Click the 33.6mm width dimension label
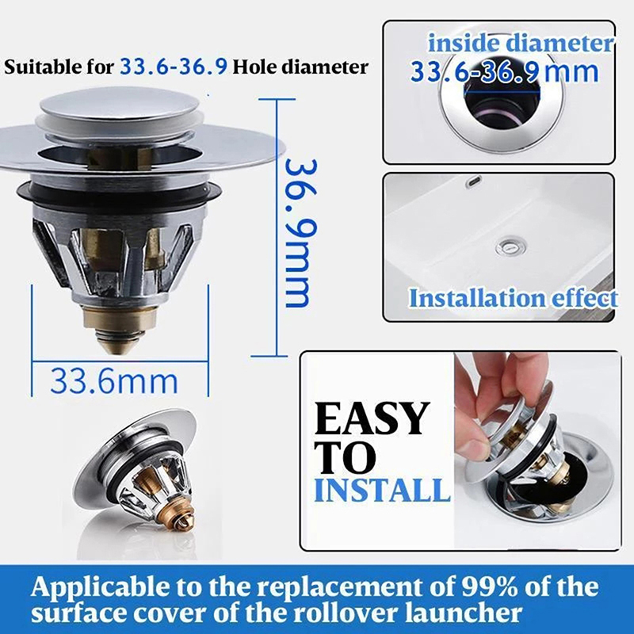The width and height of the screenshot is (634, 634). coord(114,381)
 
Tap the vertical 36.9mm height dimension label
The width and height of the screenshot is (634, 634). coord(299,233)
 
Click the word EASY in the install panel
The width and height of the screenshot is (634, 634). coord(371,418)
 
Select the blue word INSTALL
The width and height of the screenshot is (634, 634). coord(382,490)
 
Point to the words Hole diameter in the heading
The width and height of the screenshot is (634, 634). coord(300,67)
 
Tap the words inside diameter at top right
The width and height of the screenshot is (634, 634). coord(521,43)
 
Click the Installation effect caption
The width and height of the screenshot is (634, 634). coord(513,299)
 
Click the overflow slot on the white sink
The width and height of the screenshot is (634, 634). coord(474,181)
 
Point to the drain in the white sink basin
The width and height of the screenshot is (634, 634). coord(510,246)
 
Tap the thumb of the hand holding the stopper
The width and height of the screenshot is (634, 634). coord(472,449)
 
